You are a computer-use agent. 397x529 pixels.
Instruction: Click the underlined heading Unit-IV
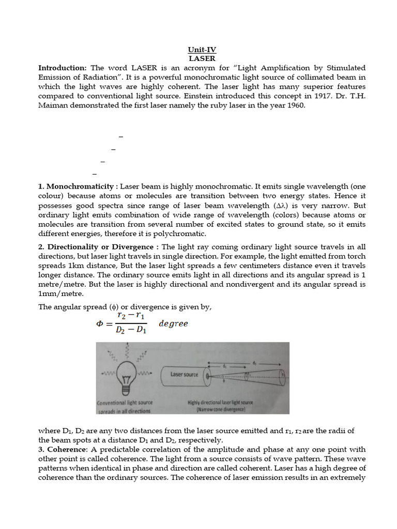[x=202, y=50]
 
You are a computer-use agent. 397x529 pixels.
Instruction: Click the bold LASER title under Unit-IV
[x=202, y=59]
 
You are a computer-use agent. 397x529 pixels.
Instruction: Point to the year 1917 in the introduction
[x=314, y=96]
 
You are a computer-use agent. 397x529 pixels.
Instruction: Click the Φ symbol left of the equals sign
[x=100, y=324]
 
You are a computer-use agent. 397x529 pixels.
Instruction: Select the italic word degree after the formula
[x=173, y=324]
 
